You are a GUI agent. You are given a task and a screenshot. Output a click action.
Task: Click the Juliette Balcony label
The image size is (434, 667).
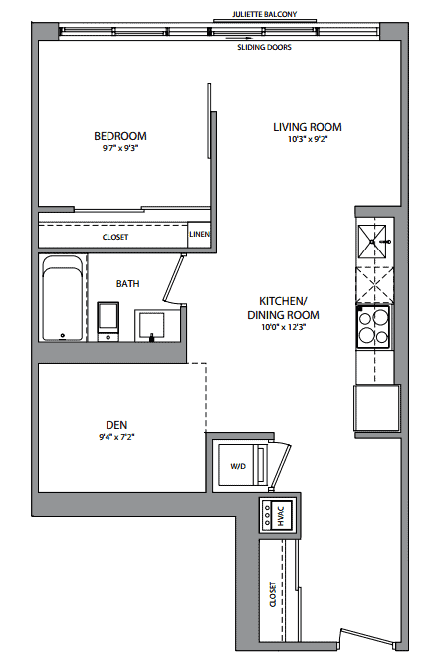tap(264, 14)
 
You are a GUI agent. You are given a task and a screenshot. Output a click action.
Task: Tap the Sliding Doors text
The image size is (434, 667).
tap(264, 47)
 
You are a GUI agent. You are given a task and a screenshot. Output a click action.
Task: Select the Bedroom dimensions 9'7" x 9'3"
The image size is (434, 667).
tap(120, 148)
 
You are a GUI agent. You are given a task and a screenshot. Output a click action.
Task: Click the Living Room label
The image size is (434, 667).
tap(307, 127)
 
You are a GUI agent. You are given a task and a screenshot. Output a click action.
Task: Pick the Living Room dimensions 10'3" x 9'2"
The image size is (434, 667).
tap(308, 139)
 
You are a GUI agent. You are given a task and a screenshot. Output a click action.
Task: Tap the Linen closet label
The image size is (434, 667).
tap(199, 234)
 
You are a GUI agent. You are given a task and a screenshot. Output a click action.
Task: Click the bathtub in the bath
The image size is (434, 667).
tap(63, 298)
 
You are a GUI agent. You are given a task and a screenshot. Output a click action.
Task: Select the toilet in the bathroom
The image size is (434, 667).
tap(108, 322)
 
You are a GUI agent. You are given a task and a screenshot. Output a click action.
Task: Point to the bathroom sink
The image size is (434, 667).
tap(150, 325)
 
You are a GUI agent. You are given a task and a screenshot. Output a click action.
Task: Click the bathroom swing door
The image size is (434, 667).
tap(174, 279)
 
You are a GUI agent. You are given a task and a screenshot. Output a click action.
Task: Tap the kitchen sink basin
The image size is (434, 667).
tap(372, 242)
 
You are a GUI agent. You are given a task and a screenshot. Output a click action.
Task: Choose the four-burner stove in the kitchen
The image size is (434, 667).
tap(373, 327)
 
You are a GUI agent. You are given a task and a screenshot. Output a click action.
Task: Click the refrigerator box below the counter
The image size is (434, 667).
tap(377, 408)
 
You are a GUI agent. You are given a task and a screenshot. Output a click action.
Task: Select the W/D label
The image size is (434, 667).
tap(238, 466)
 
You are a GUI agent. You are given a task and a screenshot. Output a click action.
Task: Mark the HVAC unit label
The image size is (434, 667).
tap(281, 516)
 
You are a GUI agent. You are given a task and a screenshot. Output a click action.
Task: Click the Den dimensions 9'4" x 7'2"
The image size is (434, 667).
tap(116, 436)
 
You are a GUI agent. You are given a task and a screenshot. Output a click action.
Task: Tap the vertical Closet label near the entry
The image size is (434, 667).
tap(273, 594)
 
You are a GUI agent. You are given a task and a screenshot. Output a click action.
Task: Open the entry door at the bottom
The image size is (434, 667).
tap(366, 637)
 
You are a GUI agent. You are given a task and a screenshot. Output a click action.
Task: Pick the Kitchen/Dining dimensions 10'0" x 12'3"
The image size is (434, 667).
tap(284, 327)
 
